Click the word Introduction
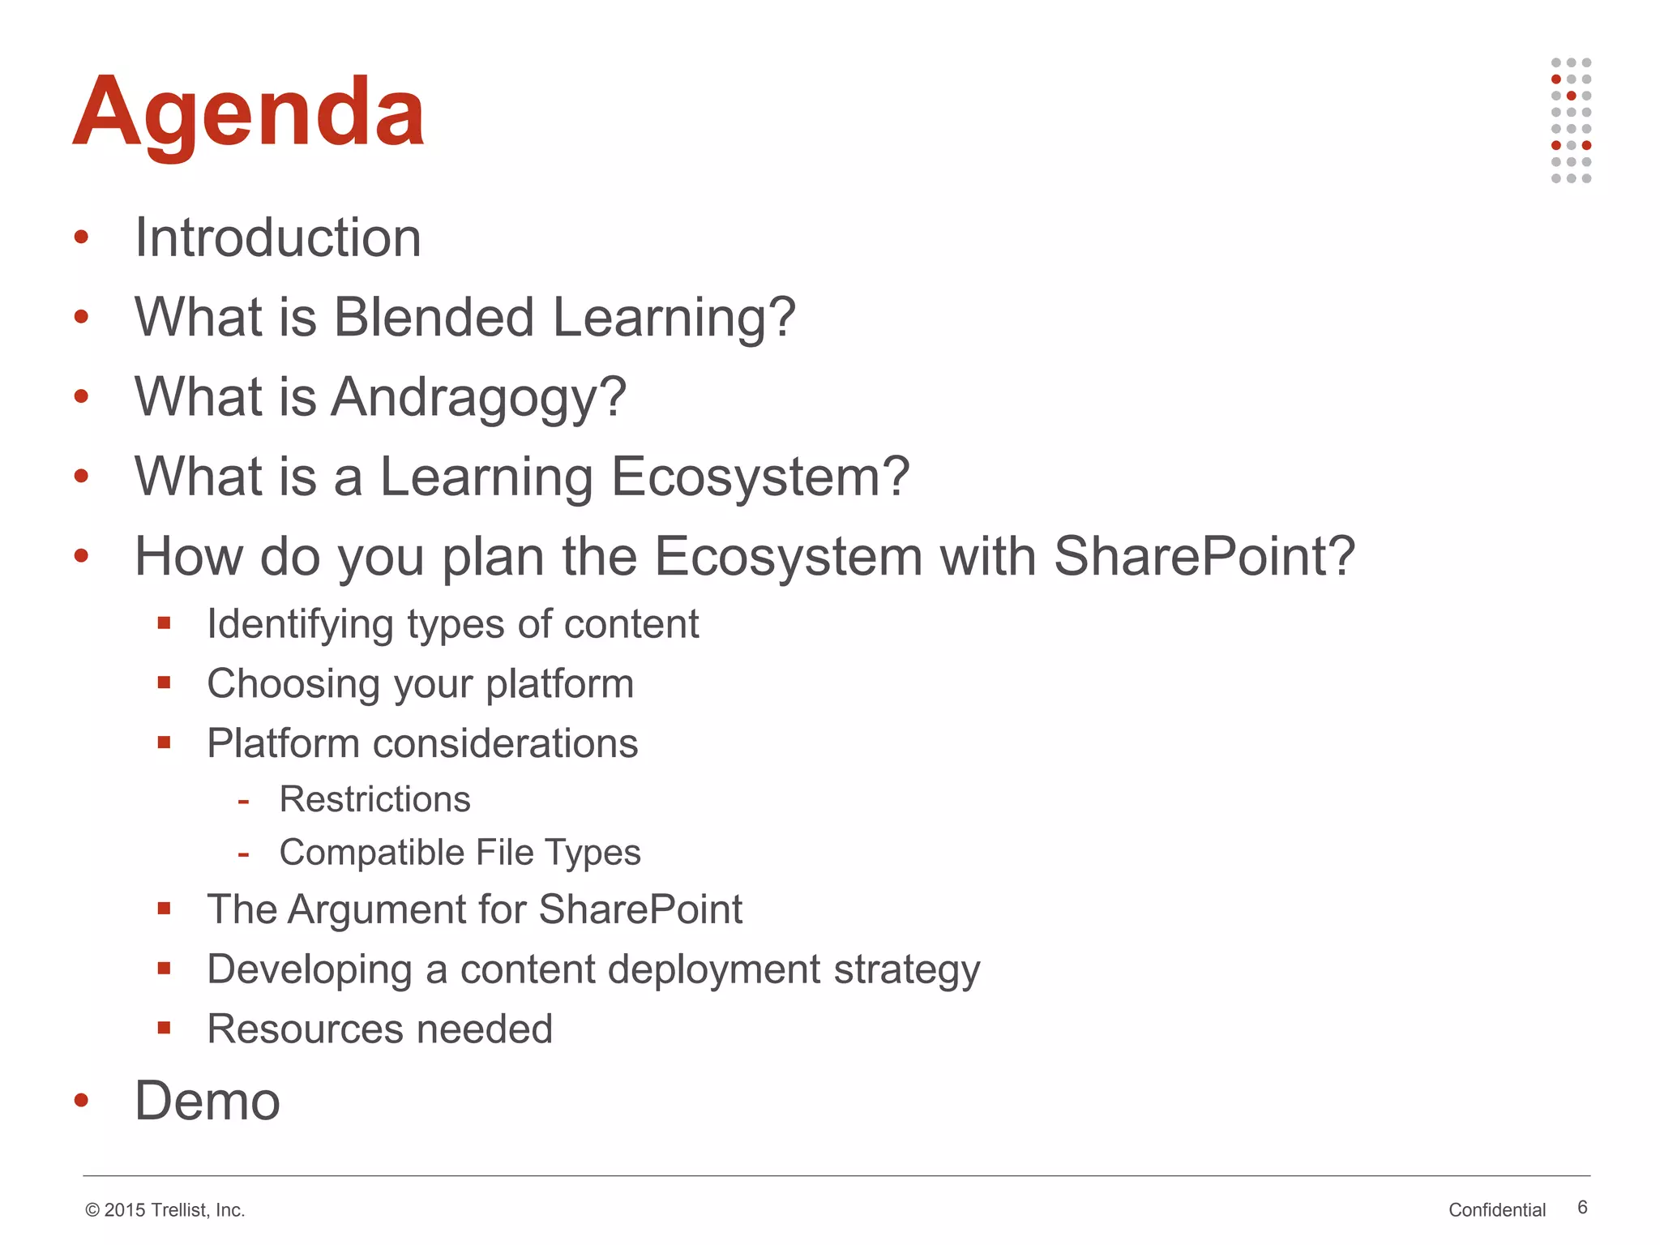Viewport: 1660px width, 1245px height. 277,237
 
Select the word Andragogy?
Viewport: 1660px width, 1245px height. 478,397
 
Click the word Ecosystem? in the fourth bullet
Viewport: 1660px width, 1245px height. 759,476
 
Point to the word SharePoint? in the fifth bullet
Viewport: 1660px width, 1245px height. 1204,556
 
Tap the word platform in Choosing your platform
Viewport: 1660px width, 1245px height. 559,683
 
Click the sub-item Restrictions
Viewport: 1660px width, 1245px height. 374,799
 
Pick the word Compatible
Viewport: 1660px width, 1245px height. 370,853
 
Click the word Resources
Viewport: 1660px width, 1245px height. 305,1029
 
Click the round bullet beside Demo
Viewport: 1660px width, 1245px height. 81,1100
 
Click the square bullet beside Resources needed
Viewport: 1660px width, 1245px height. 165,1028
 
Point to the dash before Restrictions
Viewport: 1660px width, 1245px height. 243,802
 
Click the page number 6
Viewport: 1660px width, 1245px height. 1582,1208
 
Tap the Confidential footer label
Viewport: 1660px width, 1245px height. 1496,1210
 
